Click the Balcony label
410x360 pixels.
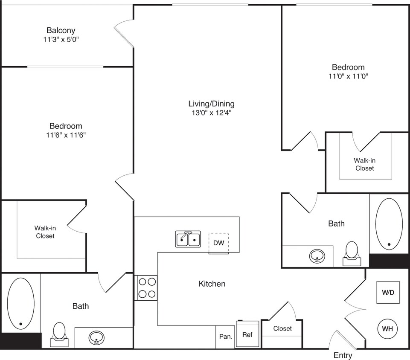(61, 30)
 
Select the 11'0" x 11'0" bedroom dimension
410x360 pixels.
(348, 76)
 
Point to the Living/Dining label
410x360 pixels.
(211, 104)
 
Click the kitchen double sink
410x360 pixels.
(188, 239)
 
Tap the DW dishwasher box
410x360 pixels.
(218, 243)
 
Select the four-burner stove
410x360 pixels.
(147, 288)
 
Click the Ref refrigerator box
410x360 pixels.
(247, 335)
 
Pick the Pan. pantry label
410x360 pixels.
(226, 336)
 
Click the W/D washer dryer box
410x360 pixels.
(388, 293)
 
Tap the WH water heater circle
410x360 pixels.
(387, 329)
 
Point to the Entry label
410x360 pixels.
(343, 355)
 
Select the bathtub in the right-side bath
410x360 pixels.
(389, 224)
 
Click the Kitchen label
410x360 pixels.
(212, 284)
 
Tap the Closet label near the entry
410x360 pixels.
(282, 328)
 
